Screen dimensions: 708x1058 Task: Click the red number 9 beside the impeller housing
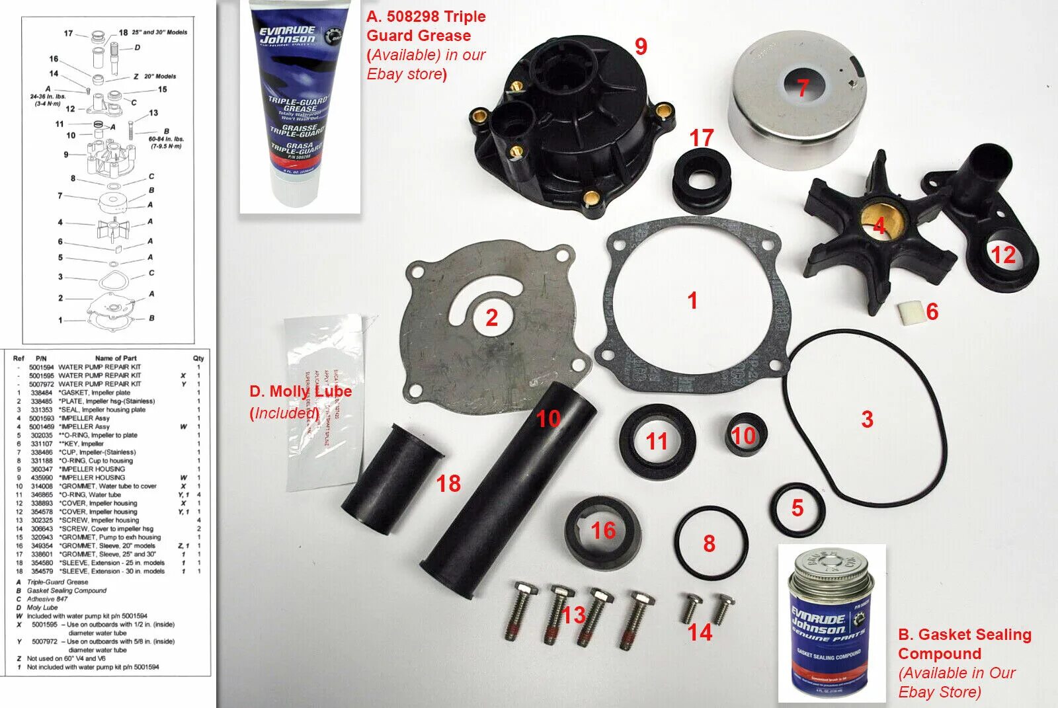641,46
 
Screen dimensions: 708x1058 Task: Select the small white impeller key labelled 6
910,311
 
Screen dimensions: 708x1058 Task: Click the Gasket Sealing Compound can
831,628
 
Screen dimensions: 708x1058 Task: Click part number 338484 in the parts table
41,393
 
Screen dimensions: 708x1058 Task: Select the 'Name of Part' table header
116,358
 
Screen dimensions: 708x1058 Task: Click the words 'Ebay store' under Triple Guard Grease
404,74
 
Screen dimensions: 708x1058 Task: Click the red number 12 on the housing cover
1002,255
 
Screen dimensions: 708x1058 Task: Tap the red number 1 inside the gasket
692,301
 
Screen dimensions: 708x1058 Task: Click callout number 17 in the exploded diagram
68,32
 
